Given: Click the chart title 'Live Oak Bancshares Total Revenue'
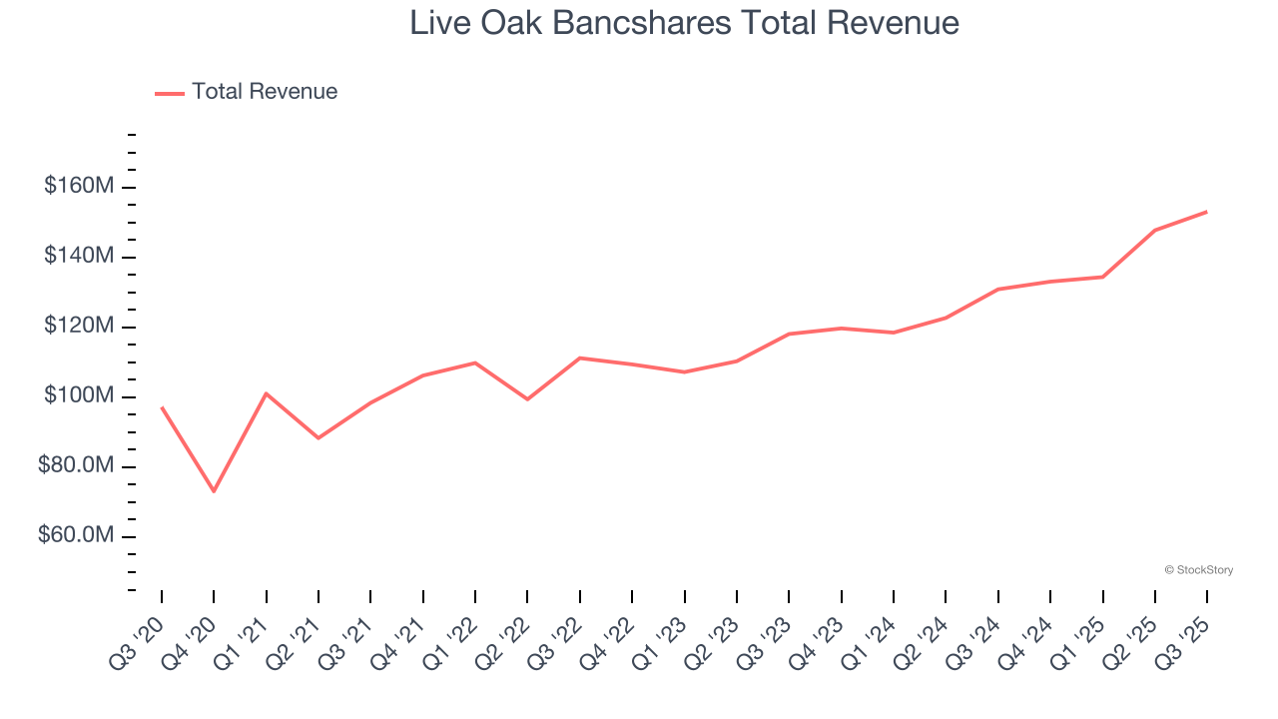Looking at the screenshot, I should click(684, 23).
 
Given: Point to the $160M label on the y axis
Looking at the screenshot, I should click(79, 187).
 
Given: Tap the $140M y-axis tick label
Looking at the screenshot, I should click(79, 257).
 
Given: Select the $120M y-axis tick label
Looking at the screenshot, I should click(79, 327).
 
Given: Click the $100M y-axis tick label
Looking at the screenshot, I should click(79, 396).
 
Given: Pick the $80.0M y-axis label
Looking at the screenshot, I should click(76, 466).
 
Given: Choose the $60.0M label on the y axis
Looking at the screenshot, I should click(76, 536).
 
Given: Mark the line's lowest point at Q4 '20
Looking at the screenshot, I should click(214, 491).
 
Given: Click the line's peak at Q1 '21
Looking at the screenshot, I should click(266, 393).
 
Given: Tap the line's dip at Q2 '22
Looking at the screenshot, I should click(527, 399).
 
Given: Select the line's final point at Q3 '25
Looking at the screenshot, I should click(1207, 212).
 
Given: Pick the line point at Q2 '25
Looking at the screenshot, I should click(1155, 231).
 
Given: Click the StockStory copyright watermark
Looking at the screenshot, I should click(1198, 570).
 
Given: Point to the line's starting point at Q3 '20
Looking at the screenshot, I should click(162, 407).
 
